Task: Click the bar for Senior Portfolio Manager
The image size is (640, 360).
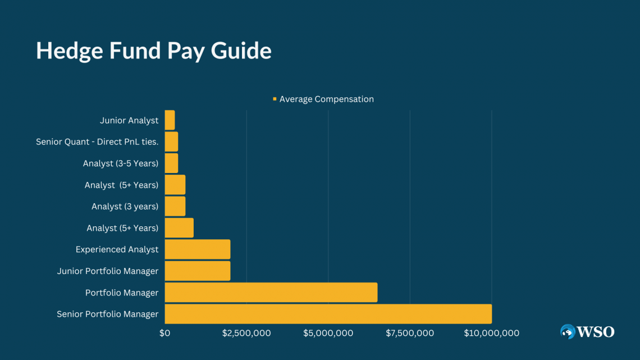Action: tap(328, 314)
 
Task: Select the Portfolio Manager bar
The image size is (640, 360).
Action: tap(271, 293)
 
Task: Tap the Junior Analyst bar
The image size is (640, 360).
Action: tap(170, 120)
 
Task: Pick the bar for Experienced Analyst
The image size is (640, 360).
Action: tap(197, 249)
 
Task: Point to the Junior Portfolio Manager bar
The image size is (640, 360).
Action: tap(197, 271)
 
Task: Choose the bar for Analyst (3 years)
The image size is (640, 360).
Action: tap(175, 206)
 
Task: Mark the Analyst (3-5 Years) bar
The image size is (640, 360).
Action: tap(171, 163)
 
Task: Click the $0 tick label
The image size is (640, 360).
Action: tap(164, 333)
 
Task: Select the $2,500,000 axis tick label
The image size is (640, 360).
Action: tap(246, 333)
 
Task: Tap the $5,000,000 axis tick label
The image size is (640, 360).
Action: tap(328, 333)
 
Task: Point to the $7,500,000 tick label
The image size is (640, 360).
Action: tap(410, 333)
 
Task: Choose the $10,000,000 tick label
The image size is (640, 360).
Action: tap(491, 333)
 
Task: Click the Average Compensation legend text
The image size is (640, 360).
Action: tap(326, 99)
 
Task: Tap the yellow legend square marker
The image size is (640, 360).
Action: tap(275, 99)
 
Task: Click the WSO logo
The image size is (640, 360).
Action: tap(587, 332)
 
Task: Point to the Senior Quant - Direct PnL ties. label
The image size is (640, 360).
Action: tap(97, 142)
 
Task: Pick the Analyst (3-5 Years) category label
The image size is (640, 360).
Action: tap(121, 163)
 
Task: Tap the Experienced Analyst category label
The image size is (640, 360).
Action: tap(117, 249)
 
